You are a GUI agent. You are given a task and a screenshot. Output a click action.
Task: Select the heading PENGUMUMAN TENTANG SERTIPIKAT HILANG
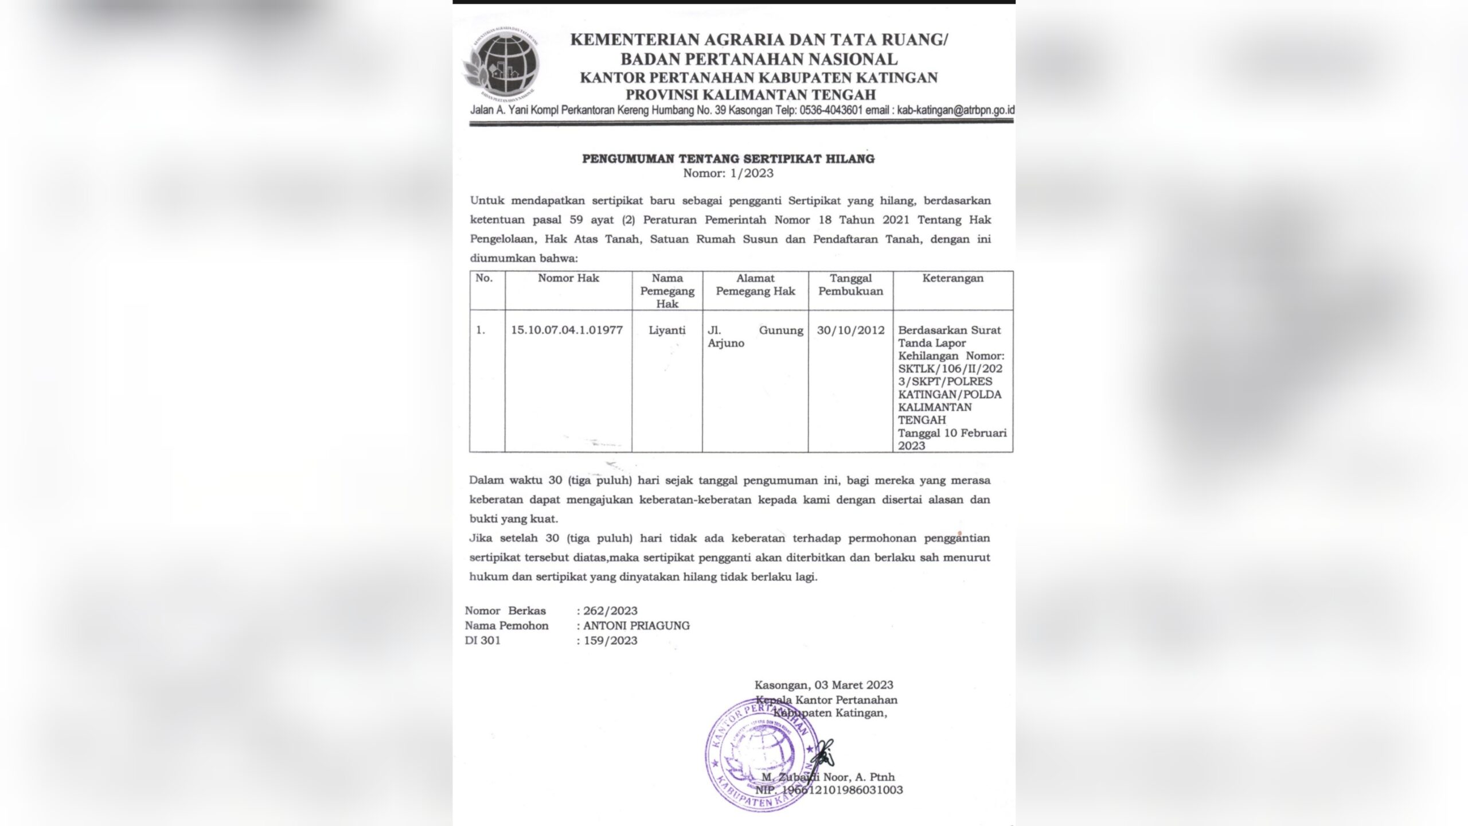coord(728,159)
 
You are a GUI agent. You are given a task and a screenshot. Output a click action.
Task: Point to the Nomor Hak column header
coord(568,278)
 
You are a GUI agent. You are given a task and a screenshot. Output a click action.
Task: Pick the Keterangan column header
coord(952,278)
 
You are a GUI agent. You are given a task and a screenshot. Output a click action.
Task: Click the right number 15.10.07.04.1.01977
coord(567,330)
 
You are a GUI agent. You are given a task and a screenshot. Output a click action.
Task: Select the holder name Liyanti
coord(667,330)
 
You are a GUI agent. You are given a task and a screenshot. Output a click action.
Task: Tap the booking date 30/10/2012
coord(850,330)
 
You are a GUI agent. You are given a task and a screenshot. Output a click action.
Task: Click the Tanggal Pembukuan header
coord(850,285)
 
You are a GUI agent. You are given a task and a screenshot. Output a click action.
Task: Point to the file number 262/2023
coord(610,611)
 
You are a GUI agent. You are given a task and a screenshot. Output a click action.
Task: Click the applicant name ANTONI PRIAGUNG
coord(637,626)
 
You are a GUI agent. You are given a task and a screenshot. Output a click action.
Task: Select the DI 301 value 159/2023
coord(610,641)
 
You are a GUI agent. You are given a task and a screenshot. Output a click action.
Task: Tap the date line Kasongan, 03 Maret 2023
coord(823,685)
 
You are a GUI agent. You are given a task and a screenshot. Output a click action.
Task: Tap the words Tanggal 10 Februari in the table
coord(952,433)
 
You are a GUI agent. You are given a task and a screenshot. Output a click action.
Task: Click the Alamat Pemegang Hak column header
coord(755,285)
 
